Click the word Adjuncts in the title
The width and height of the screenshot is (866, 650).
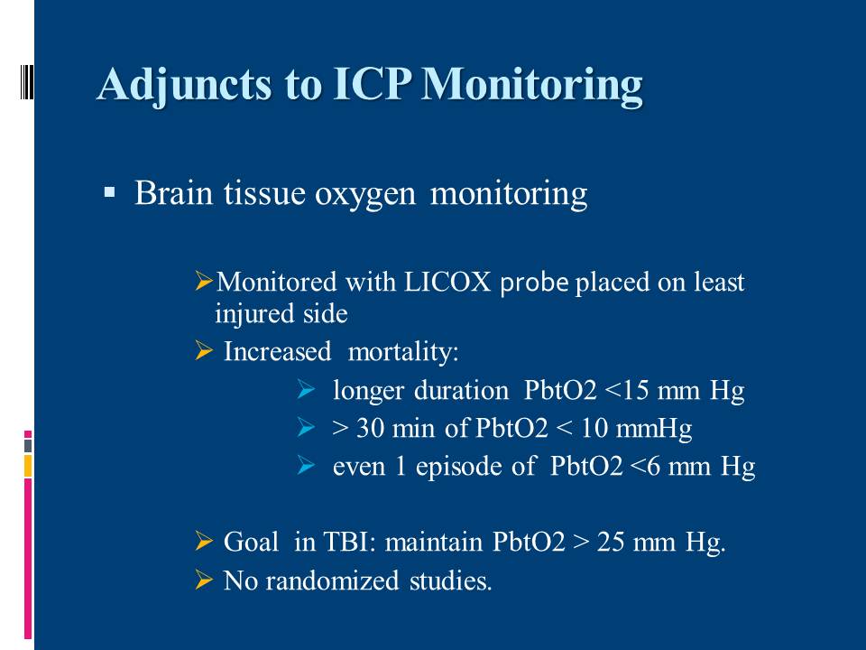[x=184, y=86]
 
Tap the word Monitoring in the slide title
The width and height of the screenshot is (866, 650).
[x=532, y=86]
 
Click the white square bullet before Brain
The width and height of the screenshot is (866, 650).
[x=109, y=193]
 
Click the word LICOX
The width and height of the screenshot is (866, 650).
[x=448, y=282]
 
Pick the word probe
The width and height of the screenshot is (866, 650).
[x=534, y=283]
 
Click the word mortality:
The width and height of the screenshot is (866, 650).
[x=403, y=352]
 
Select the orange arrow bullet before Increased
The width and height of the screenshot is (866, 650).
[x=204, y=350]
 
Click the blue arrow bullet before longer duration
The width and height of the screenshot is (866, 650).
[x=306, y=389]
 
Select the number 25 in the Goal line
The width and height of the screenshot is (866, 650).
[x=611, y=542]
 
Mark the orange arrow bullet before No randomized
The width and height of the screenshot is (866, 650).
[x=204, y=580]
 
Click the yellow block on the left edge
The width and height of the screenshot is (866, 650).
[x=28, y=466]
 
